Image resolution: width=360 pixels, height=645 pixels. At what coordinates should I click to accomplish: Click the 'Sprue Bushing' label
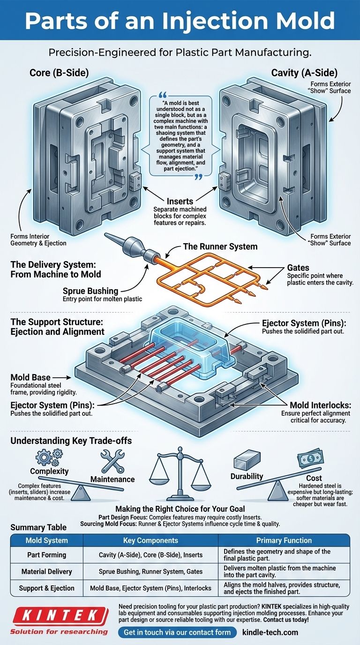pyautogui.click(x=90, y=291)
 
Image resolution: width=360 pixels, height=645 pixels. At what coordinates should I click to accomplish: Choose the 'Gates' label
pyautogui.click(x=298, y=267)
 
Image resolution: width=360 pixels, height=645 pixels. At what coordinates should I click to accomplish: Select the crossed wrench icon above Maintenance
pyautogui.click(x=112, y=461)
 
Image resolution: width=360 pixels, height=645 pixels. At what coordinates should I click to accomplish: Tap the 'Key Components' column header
pyautogui.click(x=150, y=540)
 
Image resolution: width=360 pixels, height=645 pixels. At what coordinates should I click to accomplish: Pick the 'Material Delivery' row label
pyautogui.click(x=46, y=571)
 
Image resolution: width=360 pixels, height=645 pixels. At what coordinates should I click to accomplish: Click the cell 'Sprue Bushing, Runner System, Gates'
pyautogui.click(x=150, y=571)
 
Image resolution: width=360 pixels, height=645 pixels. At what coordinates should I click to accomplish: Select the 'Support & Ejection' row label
pyautogui.click(x=46, y=588)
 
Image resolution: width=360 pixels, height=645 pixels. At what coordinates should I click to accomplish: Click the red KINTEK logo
pyautogui.click(x=58, y=615)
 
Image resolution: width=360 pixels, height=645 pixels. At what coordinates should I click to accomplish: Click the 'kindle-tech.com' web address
pyautogui.click(x=270, y=632)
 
